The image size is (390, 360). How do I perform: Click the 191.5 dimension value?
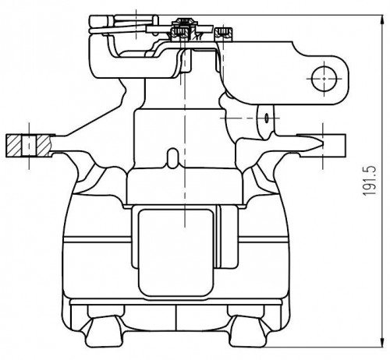(x=369, y=181)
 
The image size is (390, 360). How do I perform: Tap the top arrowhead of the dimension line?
(x=381, y=20)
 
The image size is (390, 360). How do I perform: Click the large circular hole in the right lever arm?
(x=324, y=79)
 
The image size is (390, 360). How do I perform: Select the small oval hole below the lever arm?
(x=267, y=118)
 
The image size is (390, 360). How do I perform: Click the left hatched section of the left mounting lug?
(x=14, y=146)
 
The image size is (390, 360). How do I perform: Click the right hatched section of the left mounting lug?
(x=43, y=146)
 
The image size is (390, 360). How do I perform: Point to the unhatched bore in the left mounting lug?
(x=29, y=146)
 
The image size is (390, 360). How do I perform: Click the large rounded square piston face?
(x=176, y=252)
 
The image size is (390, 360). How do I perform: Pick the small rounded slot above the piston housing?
(x=172, y=158)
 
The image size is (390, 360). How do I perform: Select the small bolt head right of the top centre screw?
(x=223, y=34)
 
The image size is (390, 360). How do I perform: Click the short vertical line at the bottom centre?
(x=176, y=317)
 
